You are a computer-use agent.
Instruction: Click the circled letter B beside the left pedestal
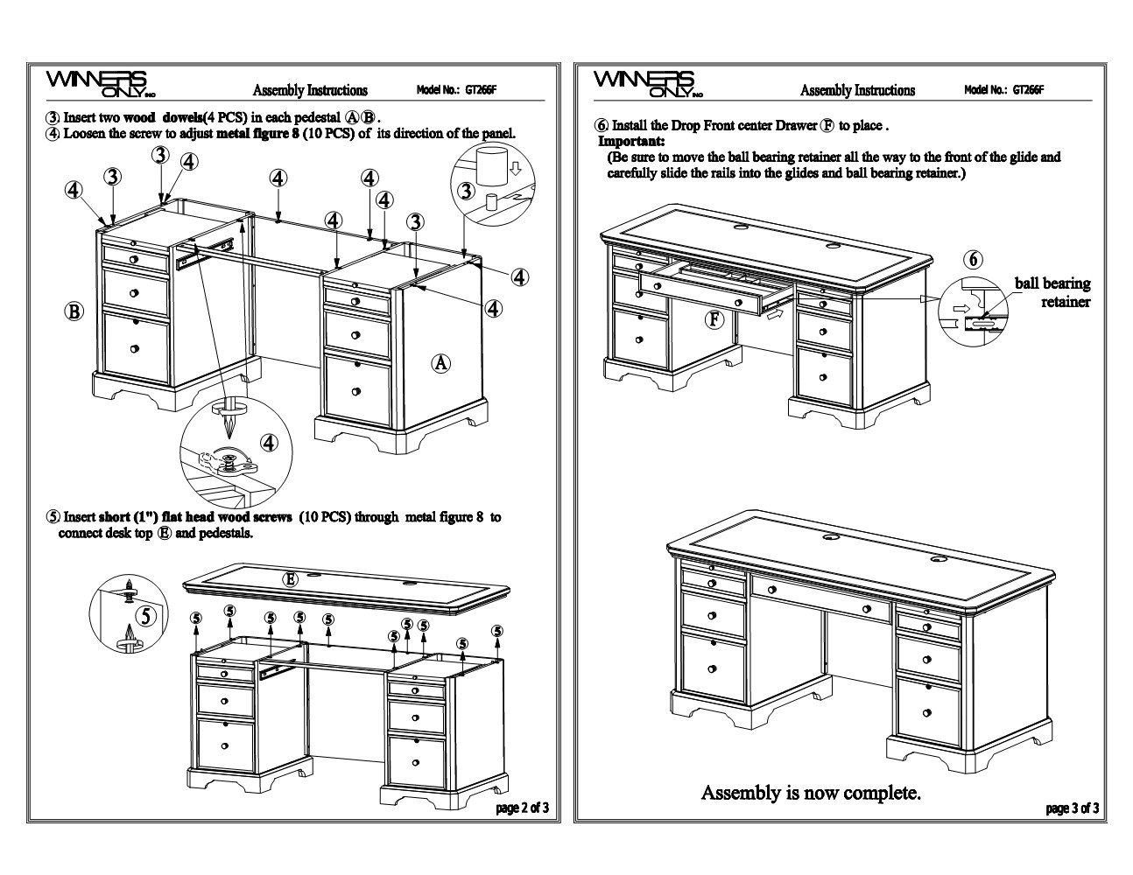[x=74, y=311]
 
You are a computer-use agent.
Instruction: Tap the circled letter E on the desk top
[x=290, y=578]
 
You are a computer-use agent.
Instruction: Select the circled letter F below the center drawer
[x=715, y=319]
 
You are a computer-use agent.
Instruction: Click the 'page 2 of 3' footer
[x=523, y=808]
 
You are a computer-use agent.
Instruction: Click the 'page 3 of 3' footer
[x=1073, y=808]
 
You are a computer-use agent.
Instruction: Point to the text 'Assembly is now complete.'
[x=811, y=793]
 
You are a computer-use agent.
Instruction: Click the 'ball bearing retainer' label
[x=1053, y=292]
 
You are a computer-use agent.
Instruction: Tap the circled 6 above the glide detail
[x=974, y=259]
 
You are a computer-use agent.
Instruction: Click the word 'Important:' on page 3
[x=631, y=141]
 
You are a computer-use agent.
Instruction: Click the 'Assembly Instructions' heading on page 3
[x=857, y=90]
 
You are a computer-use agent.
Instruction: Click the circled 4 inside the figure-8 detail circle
[x=270, y=444]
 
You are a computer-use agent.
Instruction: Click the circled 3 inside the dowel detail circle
[x=467, y=191]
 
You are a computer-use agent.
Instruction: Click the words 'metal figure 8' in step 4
[x=257, y=134]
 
